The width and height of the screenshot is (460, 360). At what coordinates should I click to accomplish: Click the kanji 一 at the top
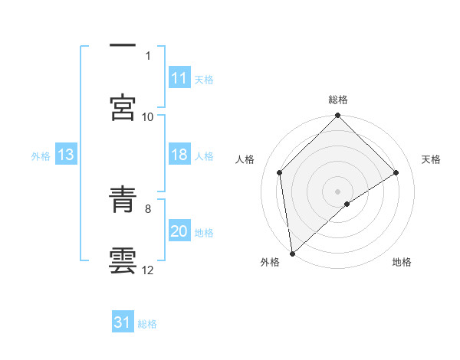point(122,45)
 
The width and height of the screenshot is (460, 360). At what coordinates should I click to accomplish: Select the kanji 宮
point(122,106)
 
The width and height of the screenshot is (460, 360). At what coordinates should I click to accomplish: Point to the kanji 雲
point(122,260)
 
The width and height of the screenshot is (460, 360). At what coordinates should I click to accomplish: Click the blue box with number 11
point(179,78)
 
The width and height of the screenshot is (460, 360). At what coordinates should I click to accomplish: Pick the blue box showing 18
point(179,155)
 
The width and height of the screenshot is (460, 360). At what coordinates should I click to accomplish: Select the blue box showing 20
point(179,231)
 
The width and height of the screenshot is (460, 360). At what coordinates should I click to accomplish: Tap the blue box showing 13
point(65,155)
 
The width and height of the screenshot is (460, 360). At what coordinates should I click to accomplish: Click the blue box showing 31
point(123,323)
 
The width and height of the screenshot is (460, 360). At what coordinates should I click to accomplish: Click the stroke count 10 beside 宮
point(148,116)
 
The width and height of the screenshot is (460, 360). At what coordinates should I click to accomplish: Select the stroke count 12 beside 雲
point(148,270)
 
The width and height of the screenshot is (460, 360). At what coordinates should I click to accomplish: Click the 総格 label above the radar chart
point(338,100)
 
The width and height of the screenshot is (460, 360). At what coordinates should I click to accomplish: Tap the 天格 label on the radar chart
point(431,159)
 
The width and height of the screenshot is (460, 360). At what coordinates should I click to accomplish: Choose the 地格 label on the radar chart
point(402,262)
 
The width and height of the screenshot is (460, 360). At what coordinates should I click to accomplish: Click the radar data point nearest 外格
point(292,254)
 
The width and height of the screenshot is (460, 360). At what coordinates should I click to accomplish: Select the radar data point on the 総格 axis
point(338,116)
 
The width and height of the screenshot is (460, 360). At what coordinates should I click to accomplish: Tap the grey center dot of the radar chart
point(338,191)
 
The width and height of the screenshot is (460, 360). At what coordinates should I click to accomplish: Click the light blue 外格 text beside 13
point(41,155)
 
